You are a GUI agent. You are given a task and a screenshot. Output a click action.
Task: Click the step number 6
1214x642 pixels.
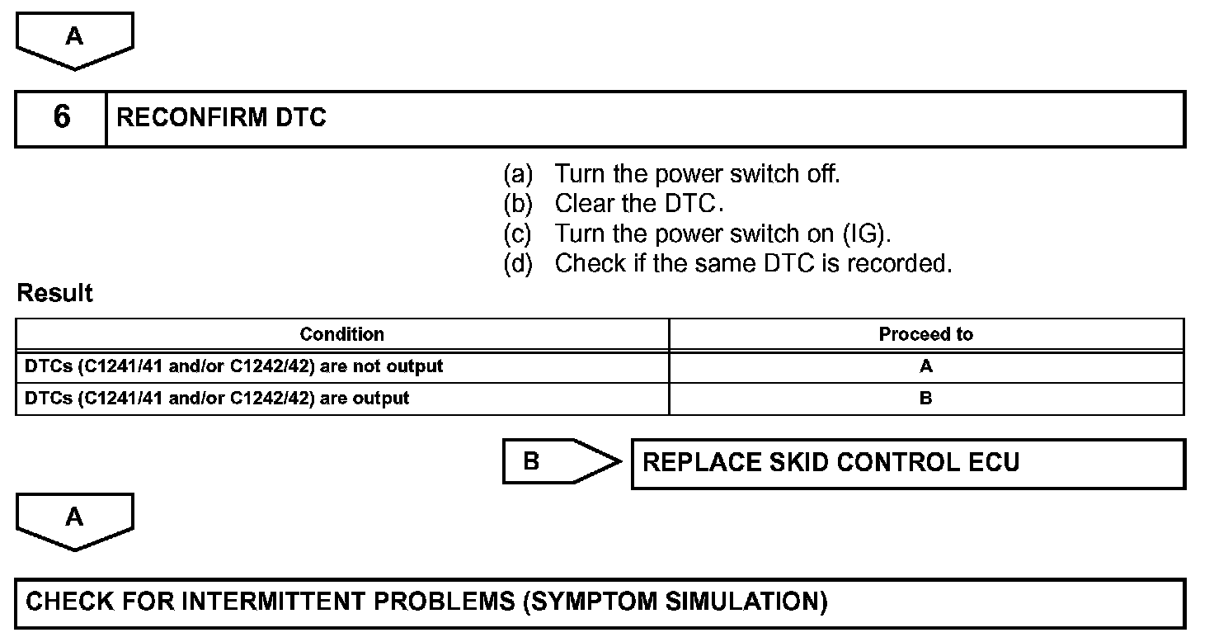pos(61,118)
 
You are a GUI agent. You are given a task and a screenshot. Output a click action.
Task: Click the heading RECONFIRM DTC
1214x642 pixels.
pos(221,118)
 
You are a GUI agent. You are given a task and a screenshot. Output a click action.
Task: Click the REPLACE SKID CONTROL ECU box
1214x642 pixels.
pos(907,463)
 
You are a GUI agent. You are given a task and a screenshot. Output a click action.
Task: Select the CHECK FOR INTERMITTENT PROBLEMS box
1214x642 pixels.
pos(600,602)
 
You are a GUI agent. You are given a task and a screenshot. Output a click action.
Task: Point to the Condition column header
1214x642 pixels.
pos(341,334)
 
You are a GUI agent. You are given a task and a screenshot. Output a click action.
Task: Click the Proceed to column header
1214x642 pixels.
pos(925,334)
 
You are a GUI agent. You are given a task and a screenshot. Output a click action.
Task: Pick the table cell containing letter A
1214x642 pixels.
pos(925,366)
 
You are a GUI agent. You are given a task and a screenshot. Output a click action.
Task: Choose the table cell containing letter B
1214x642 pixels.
pos(925,399)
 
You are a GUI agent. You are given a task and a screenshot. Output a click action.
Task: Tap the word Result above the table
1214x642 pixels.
pos(54,293)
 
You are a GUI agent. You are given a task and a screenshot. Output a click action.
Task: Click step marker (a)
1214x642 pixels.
pos(519,174)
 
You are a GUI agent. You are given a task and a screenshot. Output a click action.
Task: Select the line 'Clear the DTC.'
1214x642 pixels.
pos(639,204)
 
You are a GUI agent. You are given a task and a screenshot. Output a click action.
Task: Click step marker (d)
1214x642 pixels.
pos(519,264)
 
